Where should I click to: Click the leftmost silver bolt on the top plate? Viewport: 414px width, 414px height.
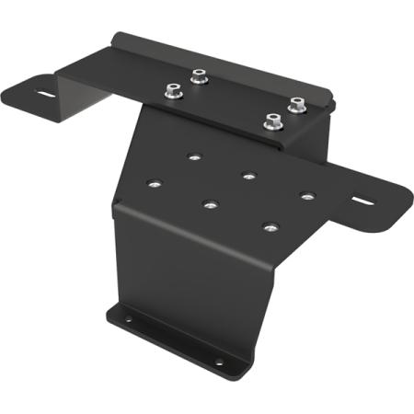[171, 91]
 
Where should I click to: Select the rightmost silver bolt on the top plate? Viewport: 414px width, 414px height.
[296, 105]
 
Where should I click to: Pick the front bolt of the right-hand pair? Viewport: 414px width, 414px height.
[272, 120]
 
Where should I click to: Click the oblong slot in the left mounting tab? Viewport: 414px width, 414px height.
[43, 93]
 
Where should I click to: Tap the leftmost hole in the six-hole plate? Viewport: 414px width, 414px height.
[155, 183]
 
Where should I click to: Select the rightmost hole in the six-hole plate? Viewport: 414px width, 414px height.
[306, 195]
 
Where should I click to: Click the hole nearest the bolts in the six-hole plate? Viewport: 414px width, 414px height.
[193, 156]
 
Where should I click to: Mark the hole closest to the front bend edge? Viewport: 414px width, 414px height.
[270, 226]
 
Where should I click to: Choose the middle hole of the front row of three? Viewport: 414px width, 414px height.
[211, 204]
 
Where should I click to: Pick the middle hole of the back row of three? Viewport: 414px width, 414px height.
[249, 175]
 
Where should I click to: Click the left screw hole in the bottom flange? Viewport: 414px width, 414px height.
[129, 321]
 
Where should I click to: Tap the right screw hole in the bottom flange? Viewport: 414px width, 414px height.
[219, 362]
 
